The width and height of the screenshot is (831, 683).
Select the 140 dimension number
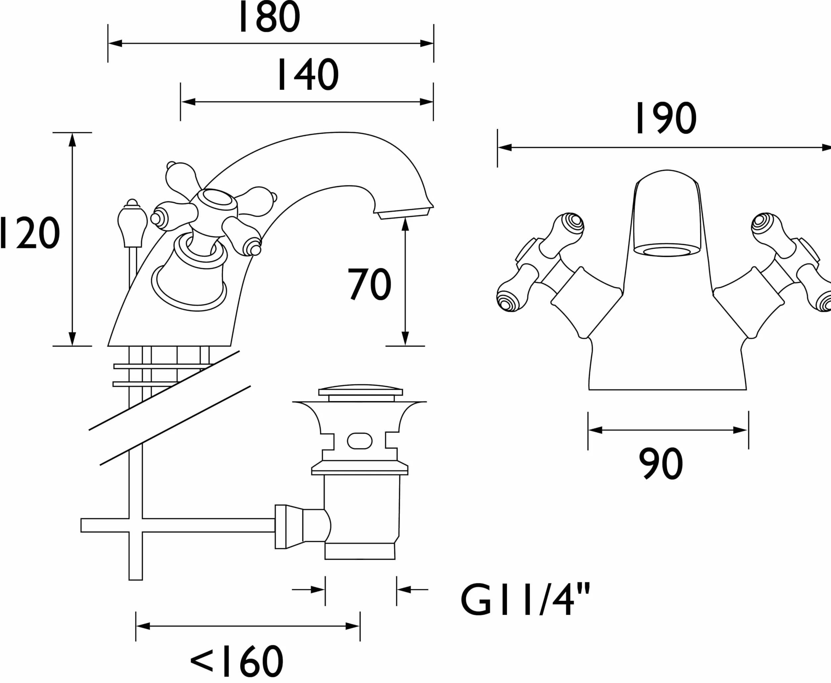coord(308,74)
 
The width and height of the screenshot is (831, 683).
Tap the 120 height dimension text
coord(29,233)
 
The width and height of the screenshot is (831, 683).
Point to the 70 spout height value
coord(369,284)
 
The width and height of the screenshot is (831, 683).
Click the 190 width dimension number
coord(666,118)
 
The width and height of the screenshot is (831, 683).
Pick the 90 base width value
coord(660,464)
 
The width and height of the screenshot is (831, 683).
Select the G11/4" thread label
coord(526,600)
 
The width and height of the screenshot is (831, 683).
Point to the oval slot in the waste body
coord(360,441)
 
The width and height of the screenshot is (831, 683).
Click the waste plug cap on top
coord(361,391)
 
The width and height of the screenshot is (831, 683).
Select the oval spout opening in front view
coord(667,251)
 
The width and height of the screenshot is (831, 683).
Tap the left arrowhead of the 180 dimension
coord(115,43)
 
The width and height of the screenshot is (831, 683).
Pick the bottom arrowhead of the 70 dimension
coord(405,339)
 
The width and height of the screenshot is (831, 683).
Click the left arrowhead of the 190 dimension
coord(505,148)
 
